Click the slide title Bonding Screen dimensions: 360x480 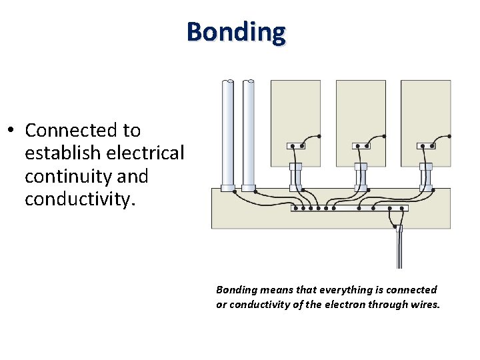[236, 31]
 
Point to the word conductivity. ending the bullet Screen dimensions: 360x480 [79, 199]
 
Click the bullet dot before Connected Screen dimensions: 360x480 [12, 130]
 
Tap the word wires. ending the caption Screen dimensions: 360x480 [425, 305]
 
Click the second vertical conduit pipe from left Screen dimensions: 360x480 [249, 133]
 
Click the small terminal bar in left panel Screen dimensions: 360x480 [295, 145]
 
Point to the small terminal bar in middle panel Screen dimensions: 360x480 [361, 145]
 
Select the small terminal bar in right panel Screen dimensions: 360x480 [425, 145]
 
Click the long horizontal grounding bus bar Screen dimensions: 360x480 [349, 208]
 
